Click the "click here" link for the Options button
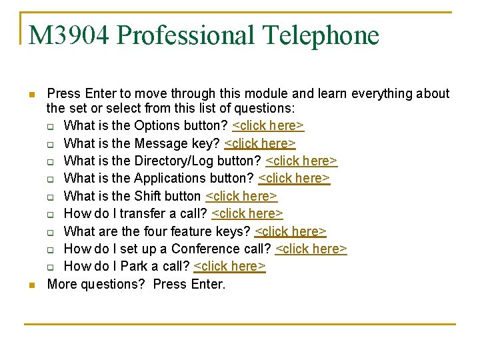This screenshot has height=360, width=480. tap(268, 126)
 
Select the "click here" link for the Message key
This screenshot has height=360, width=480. tap(260, 143)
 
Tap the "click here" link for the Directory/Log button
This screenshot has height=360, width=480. tap(301, 161)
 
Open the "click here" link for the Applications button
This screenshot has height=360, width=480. tap(294, 178)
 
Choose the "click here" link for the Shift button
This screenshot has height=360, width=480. tap(241, 196)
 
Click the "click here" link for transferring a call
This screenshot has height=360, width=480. tap(247, 213)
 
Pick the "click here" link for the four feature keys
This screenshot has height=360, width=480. tap(291, 231)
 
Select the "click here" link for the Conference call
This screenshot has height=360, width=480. tap(311, 249)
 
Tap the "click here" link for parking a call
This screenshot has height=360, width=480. tap(230, 266)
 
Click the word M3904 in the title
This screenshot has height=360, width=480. tap(69, 35)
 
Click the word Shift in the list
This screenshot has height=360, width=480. tap(147, 196)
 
